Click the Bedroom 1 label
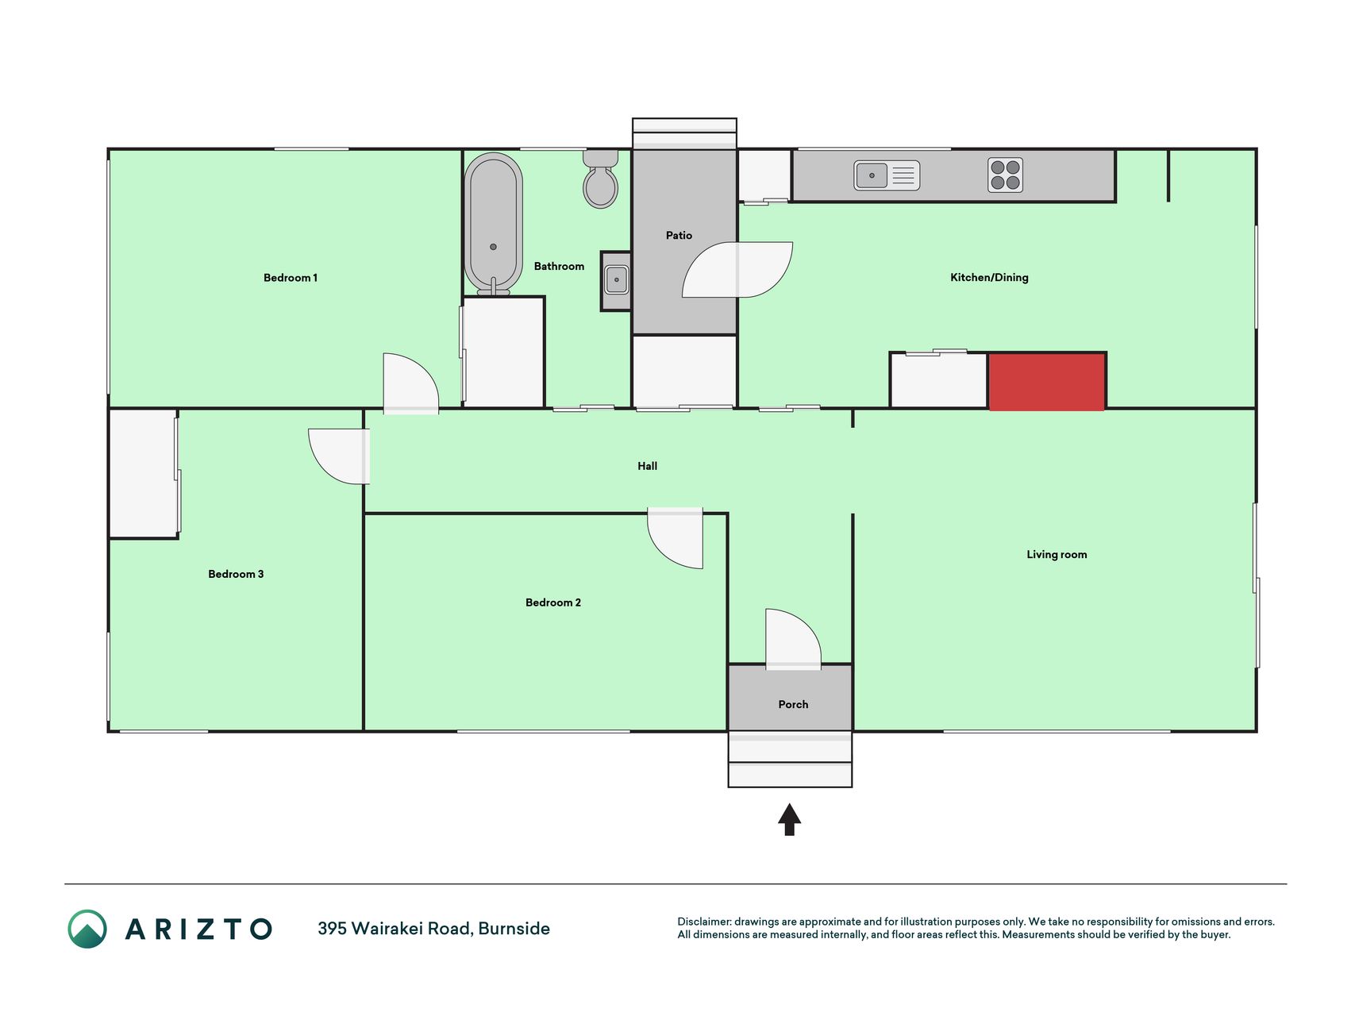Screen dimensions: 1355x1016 [x=291, y=278]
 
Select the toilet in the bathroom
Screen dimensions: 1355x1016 [x=601, y=179]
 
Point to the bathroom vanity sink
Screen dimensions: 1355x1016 [x=617, y=280]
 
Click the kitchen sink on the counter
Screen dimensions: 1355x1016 [x=887, y=175]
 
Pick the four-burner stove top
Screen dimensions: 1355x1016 [x=1006, y=175]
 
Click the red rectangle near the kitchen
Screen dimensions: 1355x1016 [x=1047, y=383]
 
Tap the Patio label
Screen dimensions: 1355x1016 [x=679, y=236]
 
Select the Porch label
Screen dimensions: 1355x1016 [x=793, y=705]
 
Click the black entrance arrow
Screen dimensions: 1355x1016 [x=789, y=820]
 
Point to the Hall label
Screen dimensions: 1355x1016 [x=647, y=467]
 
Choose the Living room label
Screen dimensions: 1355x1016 [x=1057, y=555]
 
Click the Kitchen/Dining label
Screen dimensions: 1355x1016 [x=989, y=278]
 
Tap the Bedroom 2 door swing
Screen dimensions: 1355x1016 [x=676, y=538]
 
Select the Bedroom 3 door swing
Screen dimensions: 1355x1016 [x=339, y=456]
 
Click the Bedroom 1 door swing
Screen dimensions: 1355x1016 [x=410, y=383]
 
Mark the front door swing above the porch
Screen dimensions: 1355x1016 [x=793, y=639]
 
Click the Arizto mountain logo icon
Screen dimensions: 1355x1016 [x=87, y=929]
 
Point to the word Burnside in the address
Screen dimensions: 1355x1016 [x=514, y=929]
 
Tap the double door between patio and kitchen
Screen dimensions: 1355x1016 [x=737, y=270]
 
